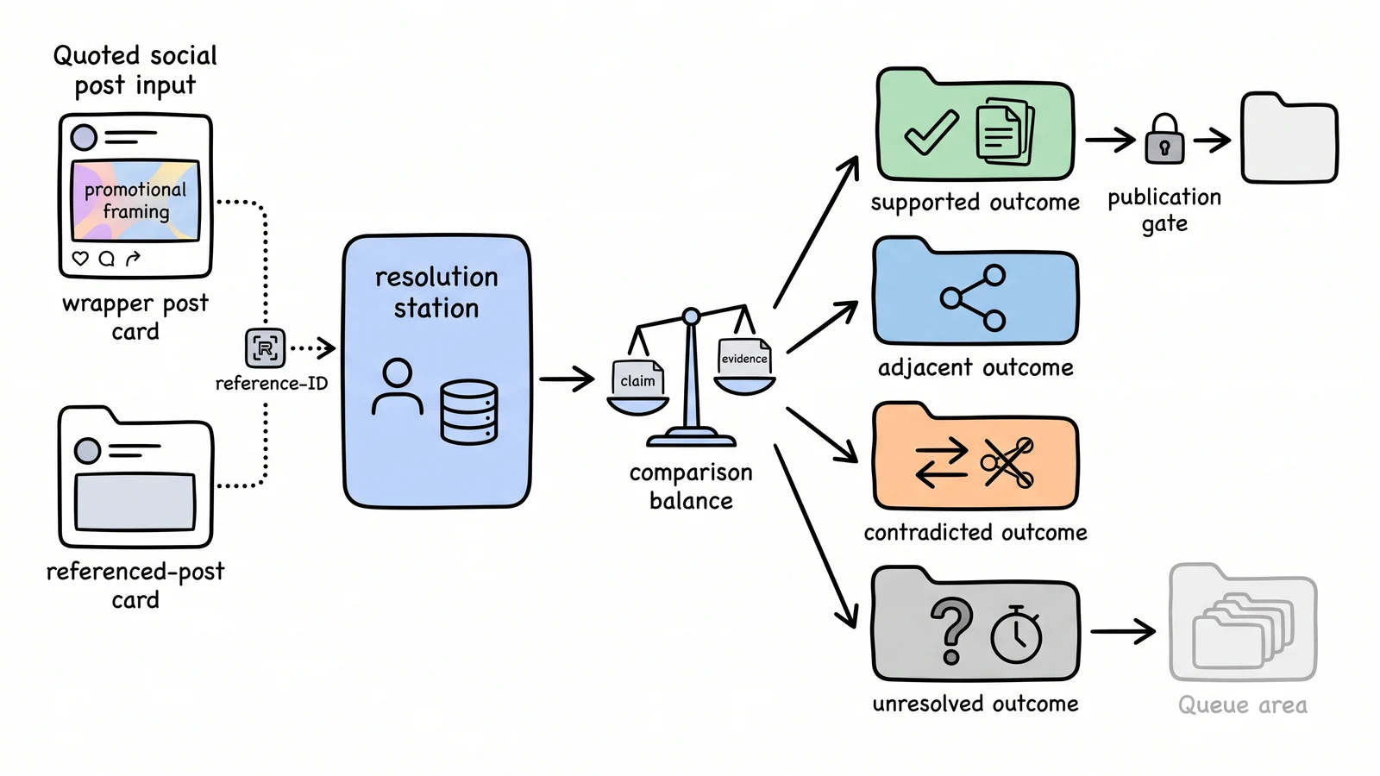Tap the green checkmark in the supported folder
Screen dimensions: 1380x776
pos(931,133)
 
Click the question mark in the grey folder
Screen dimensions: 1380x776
pos(952,630)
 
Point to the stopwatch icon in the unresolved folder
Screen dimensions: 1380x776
pos(1016,635)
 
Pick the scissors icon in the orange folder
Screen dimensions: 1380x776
pos(1007,462)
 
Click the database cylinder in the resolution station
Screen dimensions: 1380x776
pos(469,411)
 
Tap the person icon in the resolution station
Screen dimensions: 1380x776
pos(398,387)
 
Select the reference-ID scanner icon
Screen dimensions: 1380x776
pos(266,348)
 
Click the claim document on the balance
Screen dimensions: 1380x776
pos(637,379)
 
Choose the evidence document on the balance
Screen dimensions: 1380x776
pos(744,357)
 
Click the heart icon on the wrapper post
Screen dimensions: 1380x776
pos(80,258)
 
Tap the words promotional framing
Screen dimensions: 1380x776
pos(135,200)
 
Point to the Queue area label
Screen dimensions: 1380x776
pos(1243,704)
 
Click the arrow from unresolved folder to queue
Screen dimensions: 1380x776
pos(1123,631)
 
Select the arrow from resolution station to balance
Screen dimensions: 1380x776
pos(567,379)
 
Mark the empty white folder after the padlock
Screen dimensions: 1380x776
pos(1289,138)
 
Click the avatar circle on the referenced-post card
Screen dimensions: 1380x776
pos(87,451)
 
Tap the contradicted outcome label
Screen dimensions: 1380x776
pos(975,532)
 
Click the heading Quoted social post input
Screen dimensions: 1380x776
pos(135,70)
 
